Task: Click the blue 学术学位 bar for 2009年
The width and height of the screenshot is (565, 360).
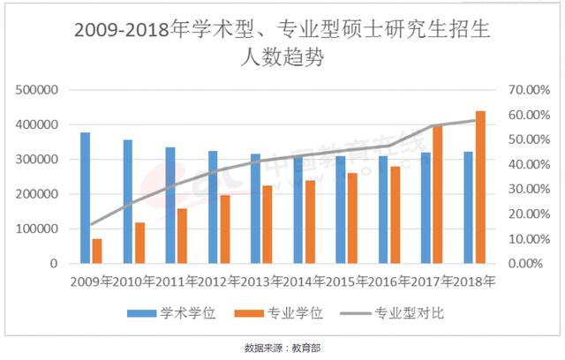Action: tap(86, 198)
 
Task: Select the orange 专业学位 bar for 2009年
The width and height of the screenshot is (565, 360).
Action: tap(97, 251)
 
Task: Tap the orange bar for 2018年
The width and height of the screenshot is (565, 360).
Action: tap(481, 187)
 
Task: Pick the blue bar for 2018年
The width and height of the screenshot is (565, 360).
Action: tap(469, 207)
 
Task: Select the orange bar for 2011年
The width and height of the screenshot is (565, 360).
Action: tap(182, 236)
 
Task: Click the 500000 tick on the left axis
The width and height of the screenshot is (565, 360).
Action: tap(38, 90)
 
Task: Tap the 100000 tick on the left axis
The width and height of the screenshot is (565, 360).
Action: tap(38, 229)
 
